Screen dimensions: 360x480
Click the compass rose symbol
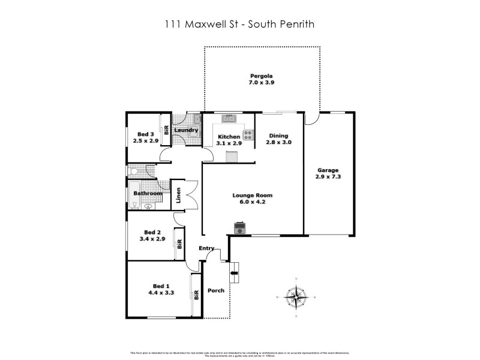[x=295, y=295]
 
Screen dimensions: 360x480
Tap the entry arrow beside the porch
[x=233, y=272]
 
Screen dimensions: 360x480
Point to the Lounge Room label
[x=253, y=195]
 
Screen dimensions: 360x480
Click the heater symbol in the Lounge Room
[x=239, y=227]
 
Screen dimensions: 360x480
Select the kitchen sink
[x=228, y=118]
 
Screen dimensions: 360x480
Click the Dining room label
[x=279, y=135]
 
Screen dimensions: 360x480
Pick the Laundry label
[x=186, y=130]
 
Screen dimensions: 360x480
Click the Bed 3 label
[x=146, y=134]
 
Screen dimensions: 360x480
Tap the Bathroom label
[x=147, y=193]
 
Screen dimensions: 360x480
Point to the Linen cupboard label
[x=178, y=195]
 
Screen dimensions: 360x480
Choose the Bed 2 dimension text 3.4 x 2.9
[x=152, y=239]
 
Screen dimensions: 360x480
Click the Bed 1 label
[x=158, y=285]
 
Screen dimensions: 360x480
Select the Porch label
[x=216, y=290]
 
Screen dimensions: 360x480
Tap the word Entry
[x=206, y=248]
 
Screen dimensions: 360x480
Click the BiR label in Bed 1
[x=196, y=294]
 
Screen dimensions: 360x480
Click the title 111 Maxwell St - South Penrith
[x=240, y=25]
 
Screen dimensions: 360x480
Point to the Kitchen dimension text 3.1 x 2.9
[x=229, y=144]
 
